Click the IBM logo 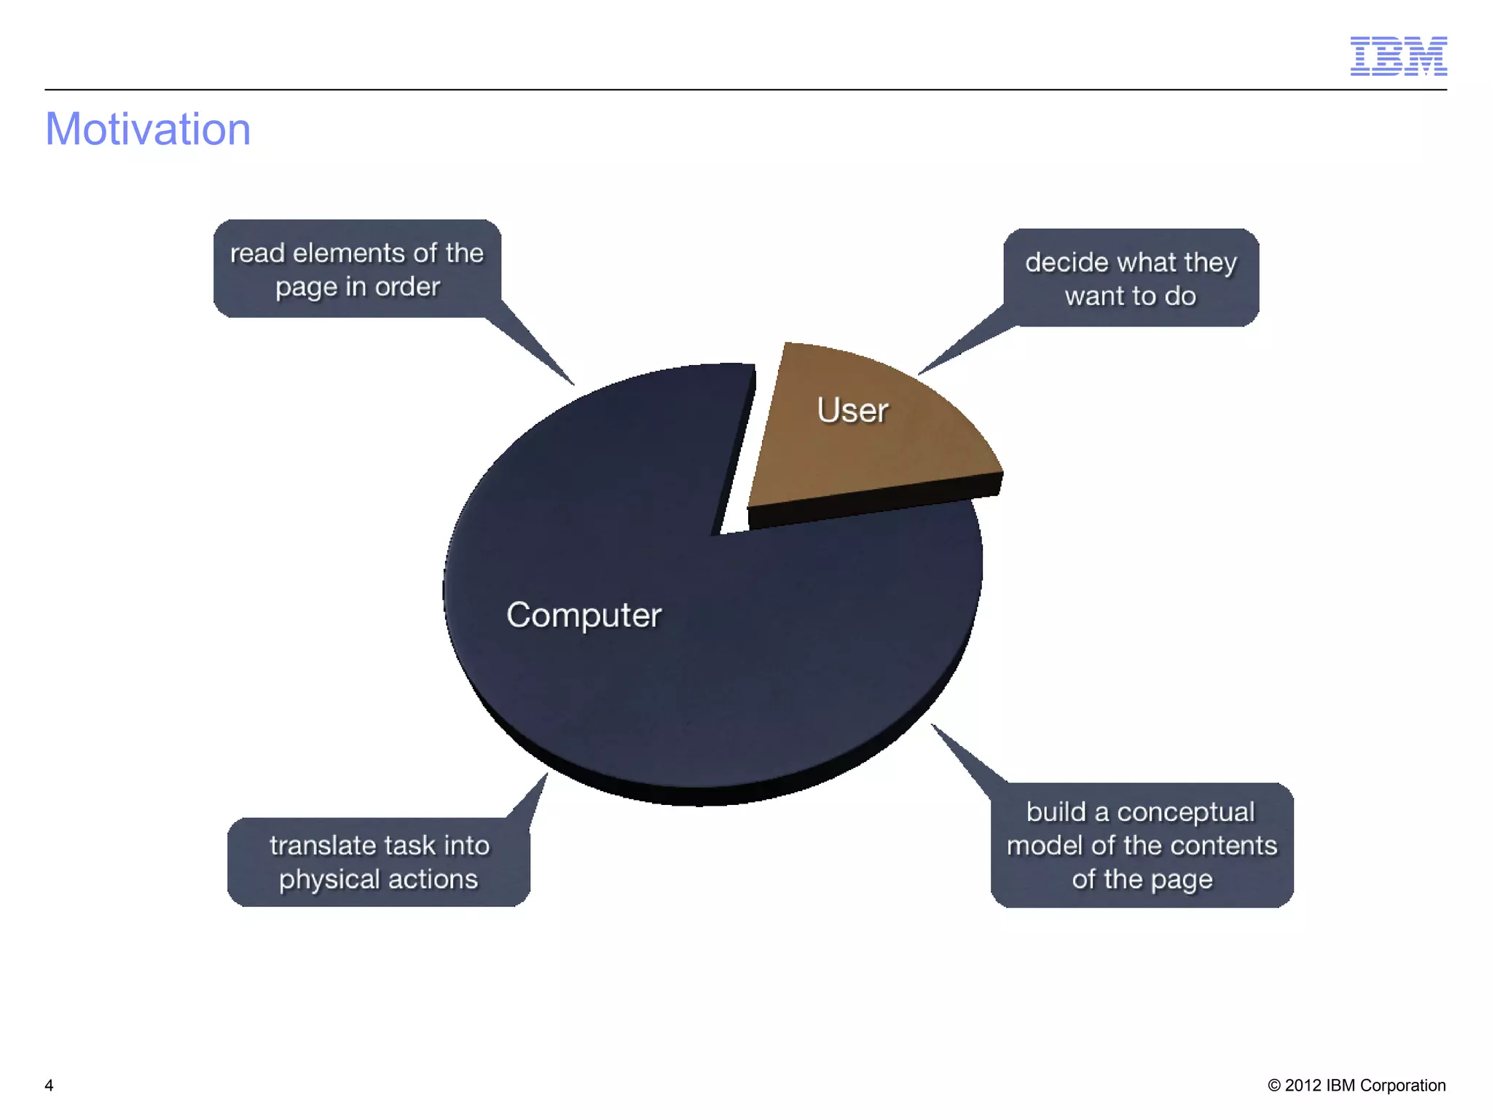[1398, 55]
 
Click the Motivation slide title [148, 129]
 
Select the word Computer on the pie [584, 615]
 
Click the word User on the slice [852, 410]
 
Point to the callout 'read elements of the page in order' [357, 269]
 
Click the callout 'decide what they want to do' [1131, 278]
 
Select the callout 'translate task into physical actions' [379, 862]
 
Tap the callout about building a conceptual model [1142, 845]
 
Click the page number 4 [49, 1085]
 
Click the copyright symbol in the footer [1274, 1085]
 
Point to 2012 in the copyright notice [1303, 1085]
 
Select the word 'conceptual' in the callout [1185, 812]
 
